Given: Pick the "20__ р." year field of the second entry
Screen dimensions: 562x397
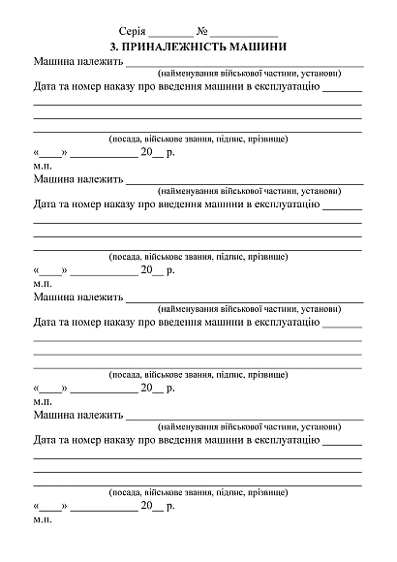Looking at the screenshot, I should tap(158, 270).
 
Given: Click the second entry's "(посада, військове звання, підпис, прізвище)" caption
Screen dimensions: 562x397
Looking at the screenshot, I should tap(198, 257).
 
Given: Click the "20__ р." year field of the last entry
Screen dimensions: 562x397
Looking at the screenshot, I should tap(158, 506).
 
